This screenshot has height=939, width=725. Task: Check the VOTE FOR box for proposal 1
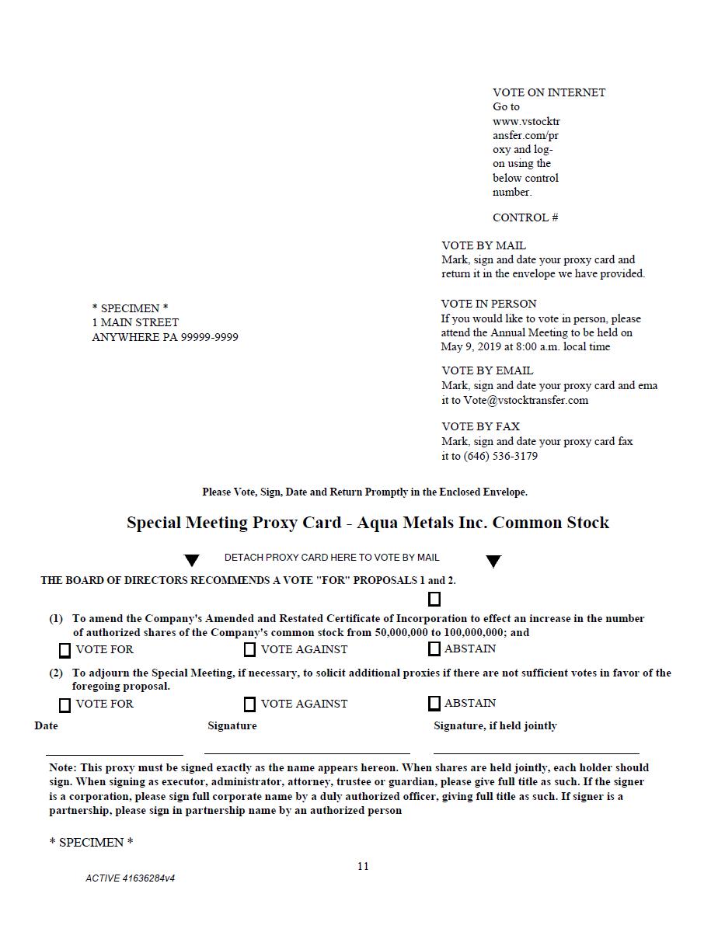point(65,650)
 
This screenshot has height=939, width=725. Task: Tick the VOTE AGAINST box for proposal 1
point(249,649)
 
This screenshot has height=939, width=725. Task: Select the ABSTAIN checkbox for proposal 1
point(434,649)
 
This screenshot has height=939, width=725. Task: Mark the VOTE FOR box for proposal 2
point(65,704)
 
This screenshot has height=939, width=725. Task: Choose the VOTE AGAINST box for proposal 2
point(249,704)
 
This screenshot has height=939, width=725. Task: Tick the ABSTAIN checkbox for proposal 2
point(434,703)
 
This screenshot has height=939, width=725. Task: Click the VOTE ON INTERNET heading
point(549,92)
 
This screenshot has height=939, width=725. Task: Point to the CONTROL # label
point(525,217)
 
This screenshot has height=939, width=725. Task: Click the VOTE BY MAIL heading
point(483,245)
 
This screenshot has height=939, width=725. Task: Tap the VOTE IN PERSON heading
point(489,304)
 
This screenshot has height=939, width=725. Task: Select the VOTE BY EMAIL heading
point(487,370)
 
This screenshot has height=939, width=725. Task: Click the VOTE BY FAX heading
point(480,426)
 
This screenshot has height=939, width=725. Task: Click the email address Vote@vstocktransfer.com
point(526,400)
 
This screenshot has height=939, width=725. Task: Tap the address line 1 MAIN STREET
point(135,322)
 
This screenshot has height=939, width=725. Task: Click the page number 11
point(363,866)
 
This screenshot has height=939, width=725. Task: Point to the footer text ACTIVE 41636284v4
point(130,878)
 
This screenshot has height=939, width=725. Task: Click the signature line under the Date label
point(114,753)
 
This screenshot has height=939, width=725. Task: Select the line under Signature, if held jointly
point(536,753)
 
